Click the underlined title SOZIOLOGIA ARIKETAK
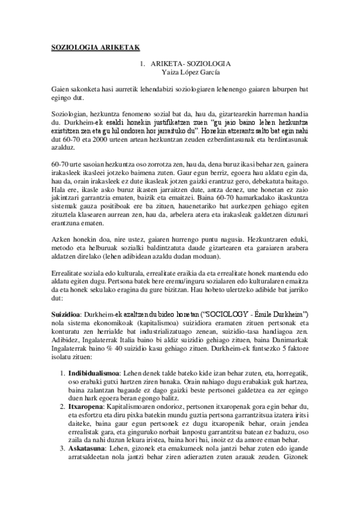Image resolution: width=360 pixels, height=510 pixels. (x=95, y=48)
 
